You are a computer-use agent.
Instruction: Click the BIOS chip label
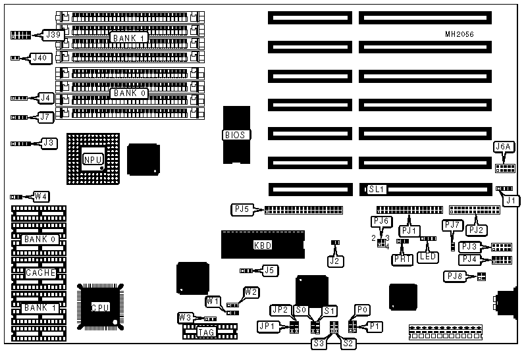pyautogui.click(x=234, y=135)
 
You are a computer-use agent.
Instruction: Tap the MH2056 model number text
pyautogui.click(x=459, y=34)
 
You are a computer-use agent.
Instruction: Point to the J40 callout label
pyautogui.click(x=41, y=58)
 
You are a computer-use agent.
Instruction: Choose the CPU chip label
pyautogui.click(x=99, y=307)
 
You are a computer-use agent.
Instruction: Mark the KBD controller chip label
pyautogui.click(x=263, y=245)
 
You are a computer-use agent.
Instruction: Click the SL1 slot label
pyautogui.click(x=376, y=190)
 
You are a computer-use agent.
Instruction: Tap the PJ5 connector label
pyautogui.click(x=242, y=210)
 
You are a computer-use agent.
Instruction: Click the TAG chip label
pyautogui.click(x=205, y=332)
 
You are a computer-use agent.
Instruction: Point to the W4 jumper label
pyautogui.click(x=41, y=196)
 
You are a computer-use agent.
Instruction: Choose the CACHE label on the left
pyautogui.click(x=41, y=272)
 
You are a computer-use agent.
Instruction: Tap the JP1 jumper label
pyautogui.click(x=270, y=325)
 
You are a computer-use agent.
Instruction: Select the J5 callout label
pyautogui.click(x=269, y=270)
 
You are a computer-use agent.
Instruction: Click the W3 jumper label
pyautogui.click(x=185, y=319)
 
